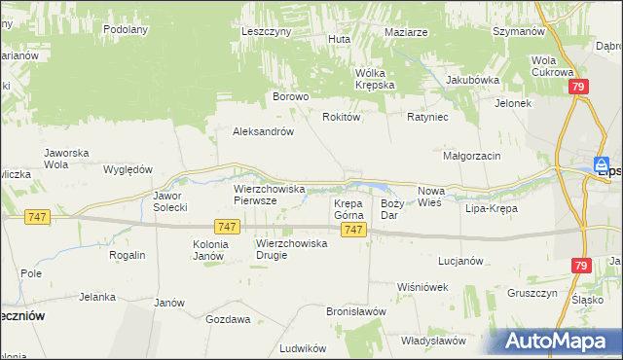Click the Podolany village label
click(126, 29)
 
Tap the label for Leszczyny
click(267, 31)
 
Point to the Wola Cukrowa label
click(551, 66)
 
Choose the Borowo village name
click(290, 96)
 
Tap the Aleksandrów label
click(263, 131)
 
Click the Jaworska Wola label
click(67, 158)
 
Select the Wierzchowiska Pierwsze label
click(270, 194)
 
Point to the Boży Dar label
click(391, 208)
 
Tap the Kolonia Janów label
click(210, 249)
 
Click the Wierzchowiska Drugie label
click(291, 249)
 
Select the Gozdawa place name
click(228, 318)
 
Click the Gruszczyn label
click(531, 293)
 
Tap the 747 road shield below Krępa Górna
click(353, 230)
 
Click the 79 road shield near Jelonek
click(578, 88)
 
